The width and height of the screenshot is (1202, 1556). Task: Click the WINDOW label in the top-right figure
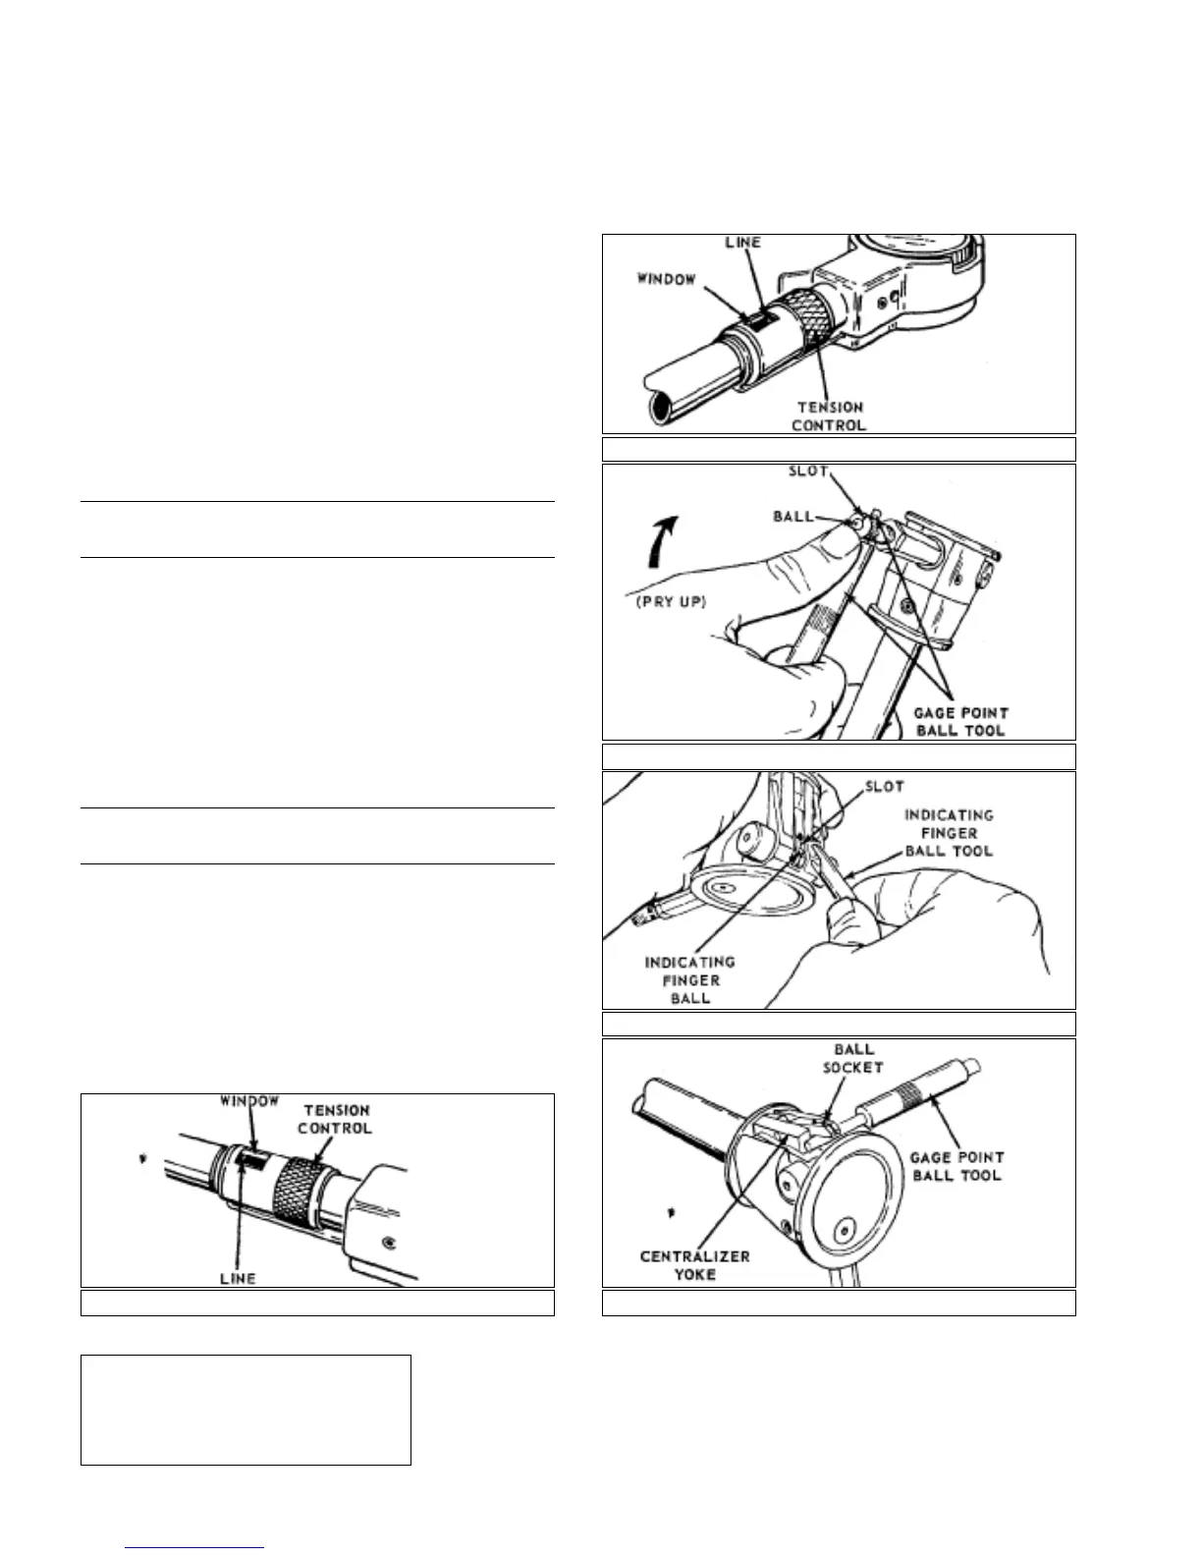(x=667, y=280)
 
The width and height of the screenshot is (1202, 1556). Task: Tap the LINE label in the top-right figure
(x=742, y=243)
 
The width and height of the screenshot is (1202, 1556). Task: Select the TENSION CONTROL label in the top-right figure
(x=830, y=417)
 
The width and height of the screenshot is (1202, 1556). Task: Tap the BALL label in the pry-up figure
(x=792, y=517)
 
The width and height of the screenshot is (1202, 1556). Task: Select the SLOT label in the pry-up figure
(x=808, y=472)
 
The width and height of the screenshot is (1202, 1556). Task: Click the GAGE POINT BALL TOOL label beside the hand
(x=961, y=722)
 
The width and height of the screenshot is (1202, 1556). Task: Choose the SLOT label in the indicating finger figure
(x=884, y=786)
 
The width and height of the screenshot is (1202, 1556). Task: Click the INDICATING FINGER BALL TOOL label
(x=949, y=833)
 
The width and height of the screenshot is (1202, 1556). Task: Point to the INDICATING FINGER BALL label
(x=689, y=979)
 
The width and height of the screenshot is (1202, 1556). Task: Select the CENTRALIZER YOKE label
(x=694, y=1265)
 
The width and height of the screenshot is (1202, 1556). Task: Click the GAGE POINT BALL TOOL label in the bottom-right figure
(x=956, y=1166)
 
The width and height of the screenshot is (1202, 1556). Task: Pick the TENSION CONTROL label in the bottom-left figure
(x=335, y=1119)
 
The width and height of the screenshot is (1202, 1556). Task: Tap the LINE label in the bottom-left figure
(x=238, y=1278)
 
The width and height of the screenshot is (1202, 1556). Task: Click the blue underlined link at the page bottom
(x=194, y=1548)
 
